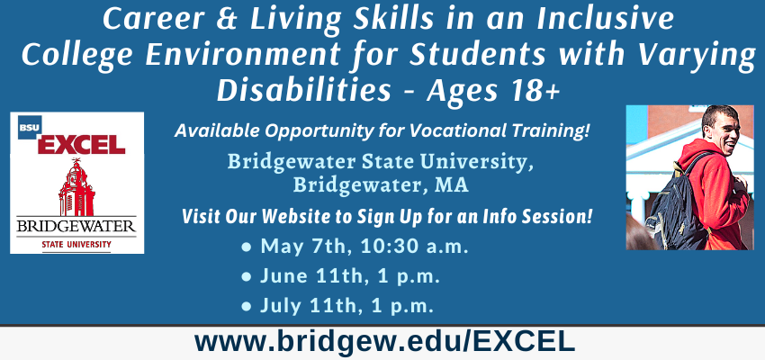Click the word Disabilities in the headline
click(x=303, y=90)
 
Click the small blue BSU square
click(x=30, y=127)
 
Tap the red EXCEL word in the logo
click(x=82, y=144)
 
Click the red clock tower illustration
click(x=76, y=187)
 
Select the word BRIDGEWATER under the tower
click(x=76, y=226)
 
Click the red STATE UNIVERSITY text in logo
click(x=76, y=244)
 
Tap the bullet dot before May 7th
click(x=247, y=247)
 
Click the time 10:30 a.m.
click(x=415, y=247)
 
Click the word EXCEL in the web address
click(x=526, y=341)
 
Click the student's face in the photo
click(x=721, y=130)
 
